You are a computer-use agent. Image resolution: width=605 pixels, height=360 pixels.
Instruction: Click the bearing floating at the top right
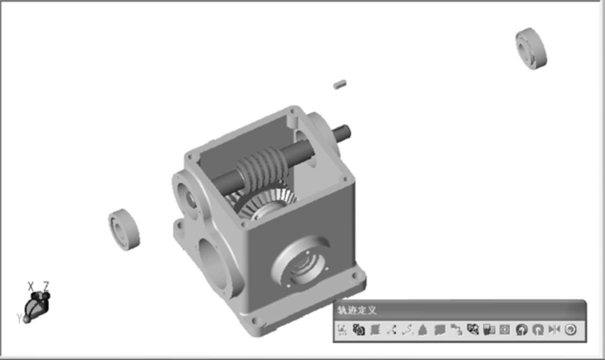point(531,49)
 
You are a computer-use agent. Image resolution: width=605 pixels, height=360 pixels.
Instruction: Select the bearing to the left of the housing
point(124,229)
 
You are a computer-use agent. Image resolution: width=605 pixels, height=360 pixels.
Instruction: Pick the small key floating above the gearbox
point(340,84)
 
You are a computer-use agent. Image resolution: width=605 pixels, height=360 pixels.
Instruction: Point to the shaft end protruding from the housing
point(341,133)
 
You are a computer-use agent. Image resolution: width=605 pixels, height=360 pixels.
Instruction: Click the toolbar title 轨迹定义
point(357,310)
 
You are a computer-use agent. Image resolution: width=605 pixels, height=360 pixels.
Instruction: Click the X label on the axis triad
point(31,286)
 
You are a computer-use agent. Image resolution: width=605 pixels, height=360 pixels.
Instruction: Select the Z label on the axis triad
point(46,286)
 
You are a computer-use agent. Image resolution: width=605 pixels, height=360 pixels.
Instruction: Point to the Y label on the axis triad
point(19,318)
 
